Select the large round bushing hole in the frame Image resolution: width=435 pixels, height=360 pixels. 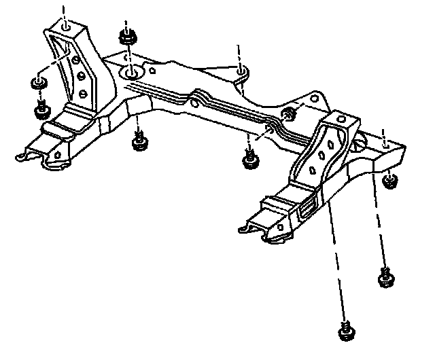130,72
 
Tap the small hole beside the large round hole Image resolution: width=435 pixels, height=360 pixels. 154,69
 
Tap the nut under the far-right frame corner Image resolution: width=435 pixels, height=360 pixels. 389,180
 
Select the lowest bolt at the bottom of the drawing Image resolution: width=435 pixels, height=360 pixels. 345,330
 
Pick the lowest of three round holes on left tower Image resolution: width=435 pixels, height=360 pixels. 83,92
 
